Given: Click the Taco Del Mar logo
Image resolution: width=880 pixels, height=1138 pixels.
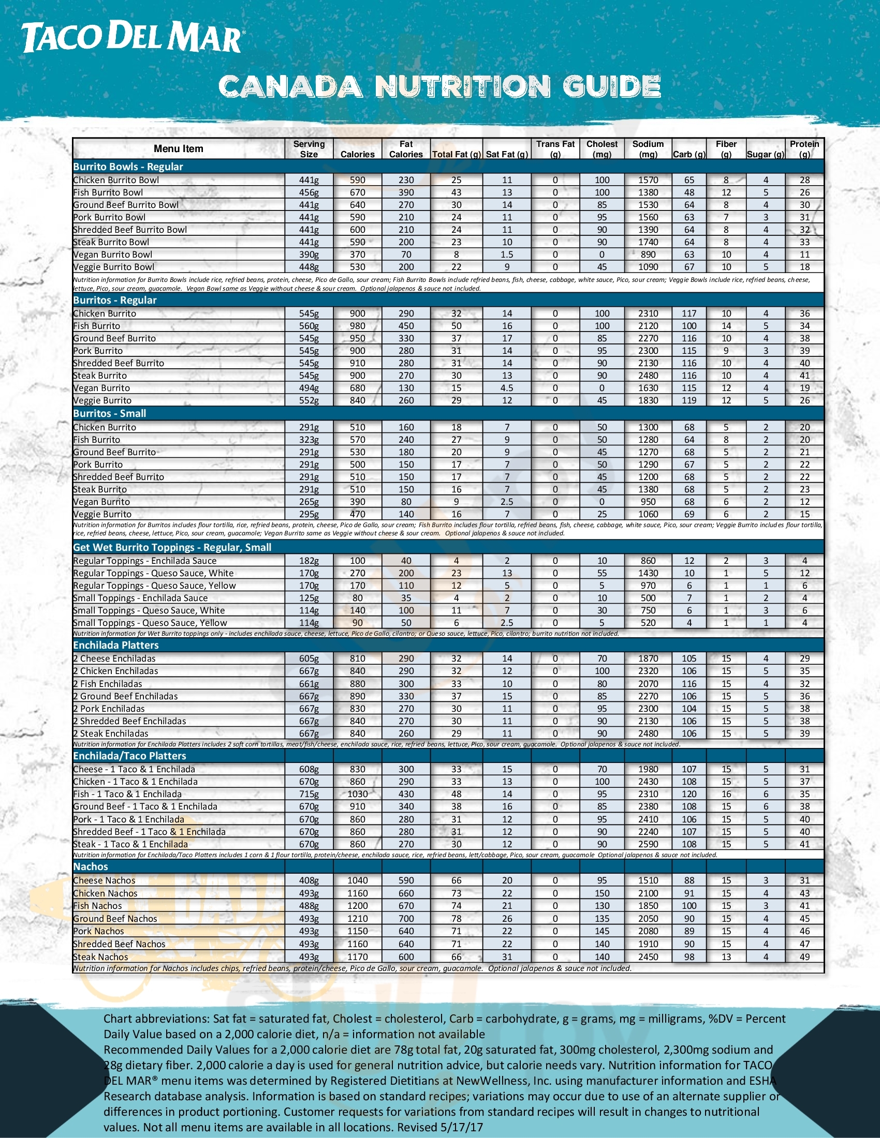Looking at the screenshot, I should coord(132,38).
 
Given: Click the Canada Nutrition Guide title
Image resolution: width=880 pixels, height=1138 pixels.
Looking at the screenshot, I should coord(439,86).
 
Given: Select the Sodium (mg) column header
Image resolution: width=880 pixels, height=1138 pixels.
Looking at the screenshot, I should coord(648,149).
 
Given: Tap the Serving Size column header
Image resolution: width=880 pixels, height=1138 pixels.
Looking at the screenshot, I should coord(309,149).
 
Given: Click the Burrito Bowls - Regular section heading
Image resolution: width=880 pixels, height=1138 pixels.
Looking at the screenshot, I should coord(128,167).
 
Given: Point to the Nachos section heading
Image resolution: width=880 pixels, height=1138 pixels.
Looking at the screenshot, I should coord(91,866).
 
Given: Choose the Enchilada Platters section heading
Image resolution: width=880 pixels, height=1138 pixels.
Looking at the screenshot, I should coord(116,645).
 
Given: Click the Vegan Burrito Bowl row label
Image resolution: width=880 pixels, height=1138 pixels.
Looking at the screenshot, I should coord(113,254).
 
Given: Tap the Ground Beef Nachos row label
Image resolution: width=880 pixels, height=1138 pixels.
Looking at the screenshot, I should coord(115,919).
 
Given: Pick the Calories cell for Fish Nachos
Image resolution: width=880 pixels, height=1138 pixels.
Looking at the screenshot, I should coord(357,906).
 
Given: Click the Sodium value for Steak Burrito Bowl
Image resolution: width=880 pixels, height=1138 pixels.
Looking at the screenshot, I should coord(648,242).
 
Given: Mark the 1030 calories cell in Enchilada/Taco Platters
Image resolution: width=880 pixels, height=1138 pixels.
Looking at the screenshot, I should coord(357,794).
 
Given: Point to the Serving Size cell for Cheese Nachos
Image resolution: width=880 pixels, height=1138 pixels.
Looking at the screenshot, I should coord(309,880).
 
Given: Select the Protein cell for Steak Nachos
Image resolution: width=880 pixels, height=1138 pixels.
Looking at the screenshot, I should coord(804,956).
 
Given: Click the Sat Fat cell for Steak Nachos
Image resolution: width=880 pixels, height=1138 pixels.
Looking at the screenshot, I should coord(507,956).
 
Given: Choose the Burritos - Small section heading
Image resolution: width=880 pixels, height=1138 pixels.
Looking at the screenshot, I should coord(109,413).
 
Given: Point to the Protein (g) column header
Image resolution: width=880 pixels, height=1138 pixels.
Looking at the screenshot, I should coord(804,149).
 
